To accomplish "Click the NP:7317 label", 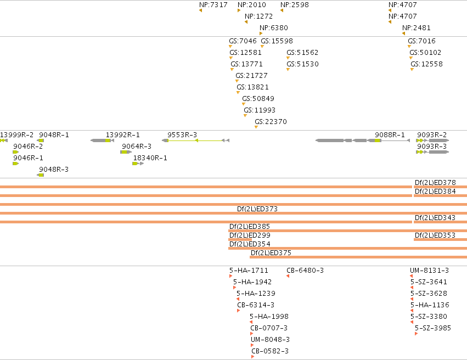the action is pos(213,5).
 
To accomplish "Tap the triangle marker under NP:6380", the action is pos(261,33).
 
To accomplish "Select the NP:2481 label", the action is pos(417,28).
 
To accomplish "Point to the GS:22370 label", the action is pos(271,121).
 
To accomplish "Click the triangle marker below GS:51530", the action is pos(288,69).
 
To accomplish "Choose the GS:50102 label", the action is pos(425,53).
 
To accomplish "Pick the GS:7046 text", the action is pos(243,41).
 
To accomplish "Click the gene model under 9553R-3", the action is pos(196,140).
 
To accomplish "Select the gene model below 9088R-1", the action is pos(363,140).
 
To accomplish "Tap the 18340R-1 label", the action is pos(150,158).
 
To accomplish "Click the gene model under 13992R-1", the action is pos(102,140).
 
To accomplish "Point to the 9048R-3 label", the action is pos(54,170).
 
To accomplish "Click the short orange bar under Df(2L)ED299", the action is pos(240,239).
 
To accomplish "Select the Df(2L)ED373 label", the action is pos(257,209).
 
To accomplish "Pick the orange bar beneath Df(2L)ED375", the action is pos(358,257).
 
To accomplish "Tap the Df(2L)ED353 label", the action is pos(435,235).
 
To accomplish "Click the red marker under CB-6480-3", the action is pos(288,276).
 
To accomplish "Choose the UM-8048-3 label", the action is pos(270,340).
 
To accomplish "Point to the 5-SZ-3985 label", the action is pos(433,328).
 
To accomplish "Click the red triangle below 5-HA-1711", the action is pos(231,276).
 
